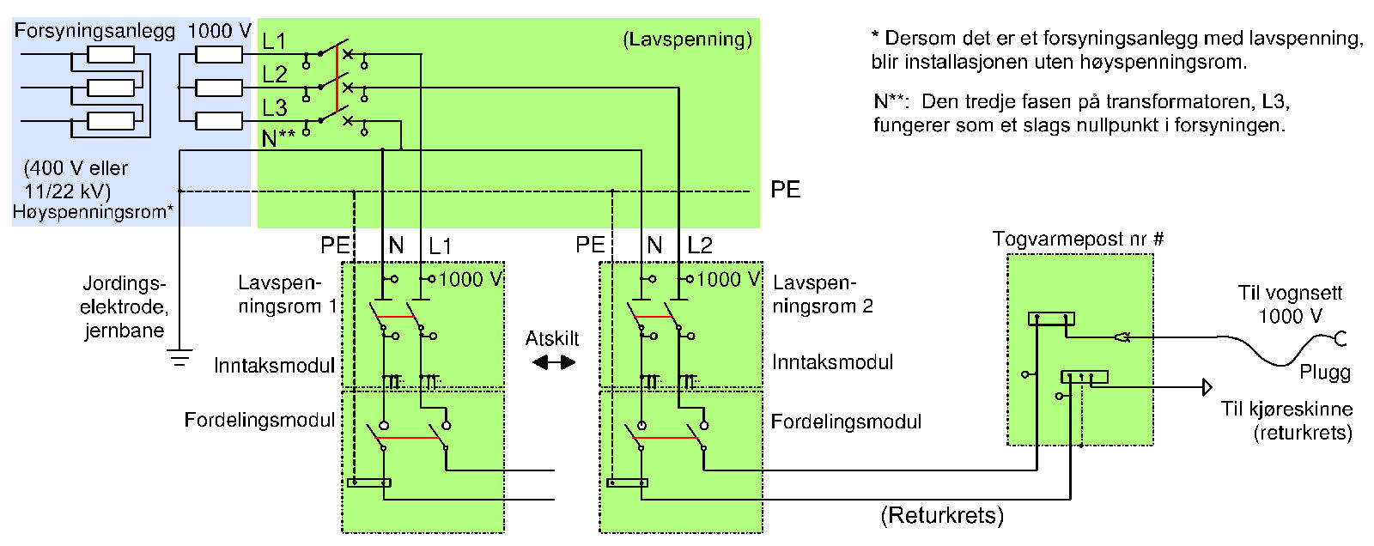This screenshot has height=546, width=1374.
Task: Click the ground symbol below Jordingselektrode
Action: pos(179,358)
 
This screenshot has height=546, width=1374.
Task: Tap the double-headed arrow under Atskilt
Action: pos(554,362)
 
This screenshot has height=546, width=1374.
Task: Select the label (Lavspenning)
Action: pos(688,39)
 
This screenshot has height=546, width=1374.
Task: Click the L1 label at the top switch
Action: pos(274,41)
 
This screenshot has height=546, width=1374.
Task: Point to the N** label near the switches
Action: pos(278,138)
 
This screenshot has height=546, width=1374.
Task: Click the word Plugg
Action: pos(1325,373)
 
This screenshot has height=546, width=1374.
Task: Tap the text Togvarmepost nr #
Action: pos(1079,239)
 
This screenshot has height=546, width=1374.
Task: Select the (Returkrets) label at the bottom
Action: pos(942,515)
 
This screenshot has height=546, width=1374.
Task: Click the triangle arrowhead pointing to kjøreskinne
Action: pos(1207,387)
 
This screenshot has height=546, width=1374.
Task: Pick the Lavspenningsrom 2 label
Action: pos(823,294)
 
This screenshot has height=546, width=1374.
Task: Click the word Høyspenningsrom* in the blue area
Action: pos(94,212)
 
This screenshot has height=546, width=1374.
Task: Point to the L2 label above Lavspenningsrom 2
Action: pos(700,246)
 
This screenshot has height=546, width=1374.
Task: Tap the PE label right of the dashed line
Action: pos(785,190)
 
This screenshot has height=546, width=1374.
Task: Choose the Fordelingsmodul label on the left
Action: pos(259,420)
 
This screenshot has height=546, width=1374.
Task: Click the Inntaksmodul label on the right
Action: pos(832,362)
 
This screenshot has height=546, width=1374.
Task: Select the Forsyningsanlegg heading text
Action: pos(94,31)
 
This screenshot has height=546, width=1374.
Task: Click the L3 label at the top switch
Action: pos(275,107)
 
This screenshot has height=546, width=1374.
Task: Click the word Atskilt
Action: pos(552,338)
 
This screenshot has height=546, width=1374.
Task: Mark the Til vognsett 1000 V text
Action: pos(1290,304)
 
